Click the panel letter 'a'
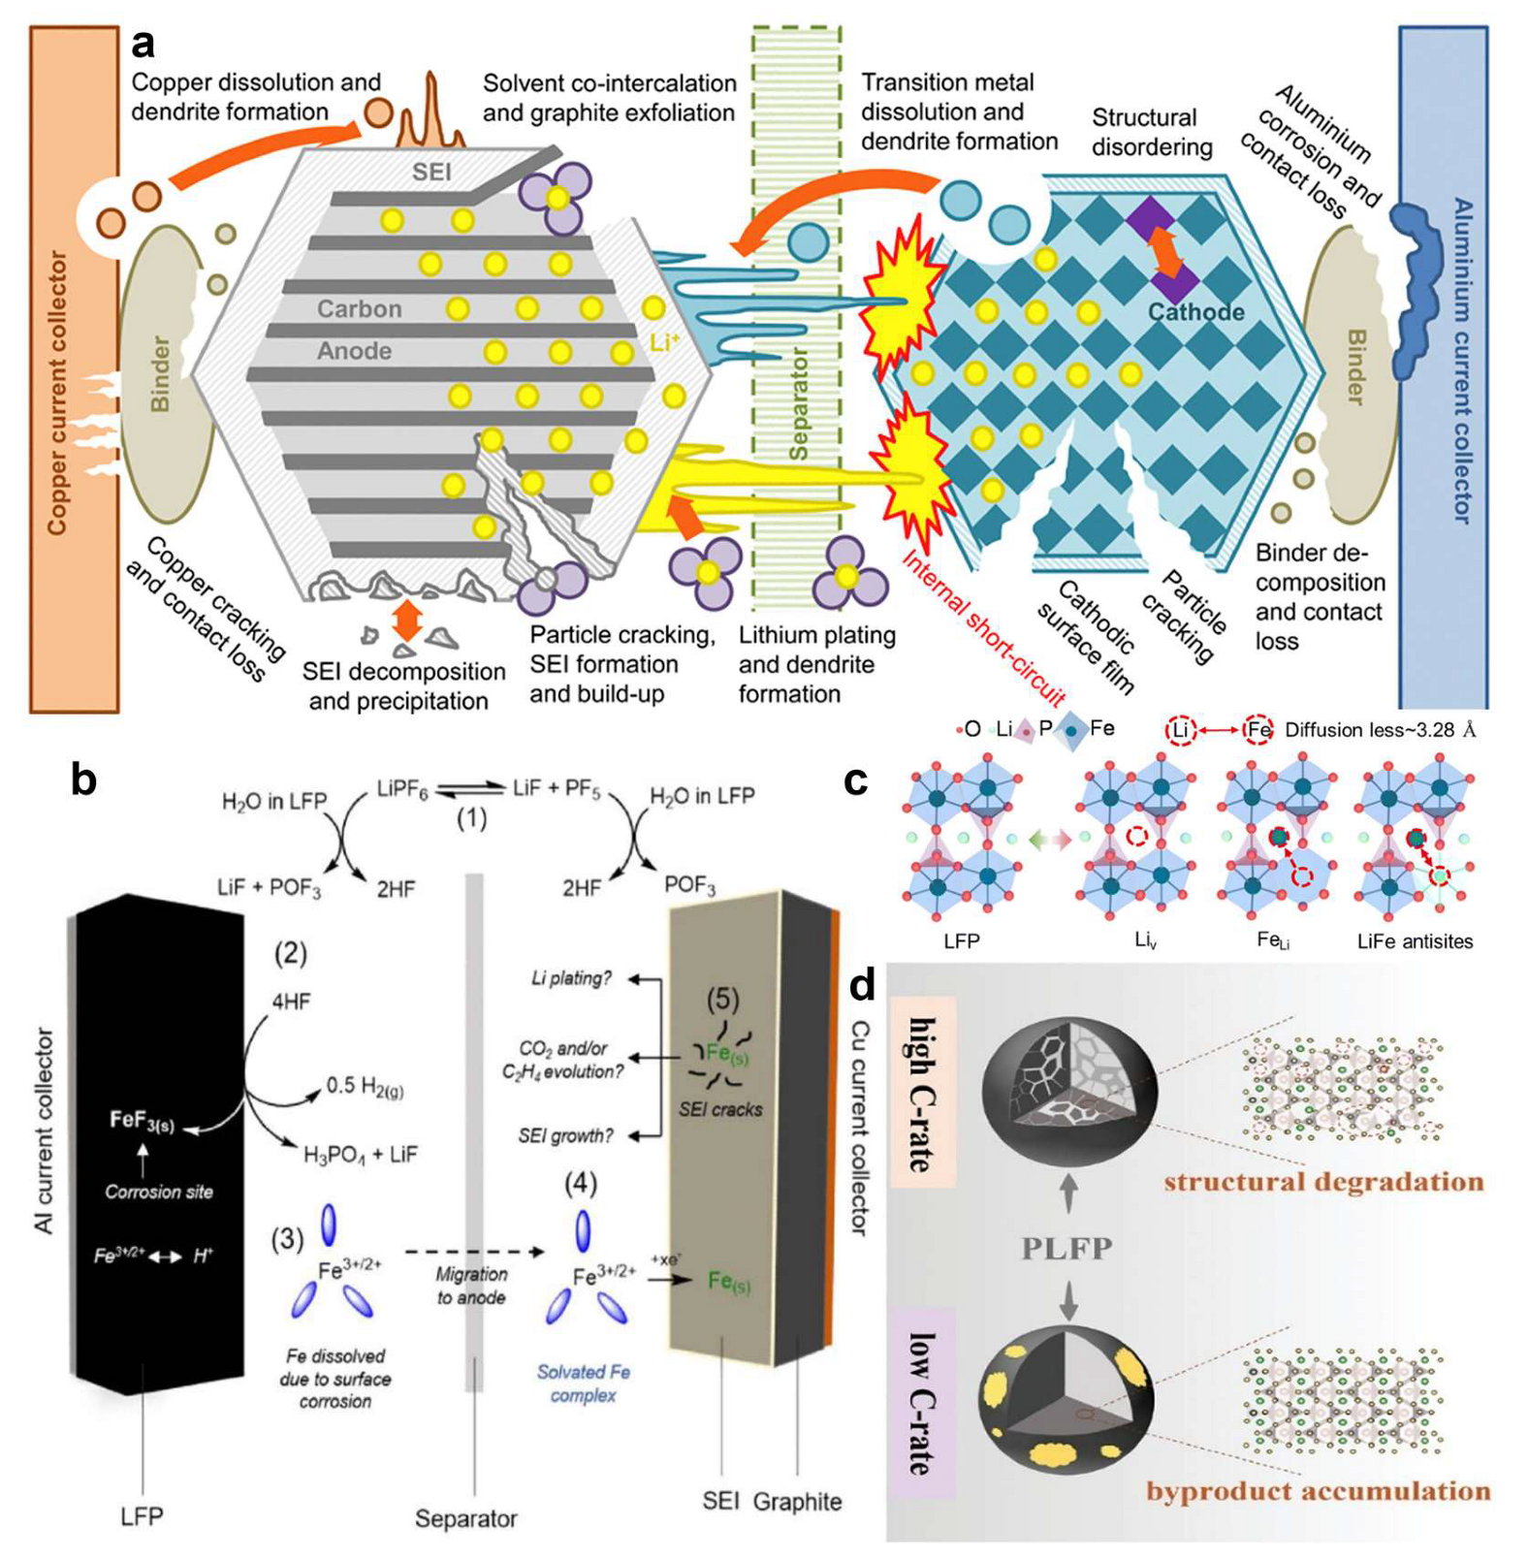(x=143, y=43)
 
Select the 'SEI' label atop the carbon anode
(x=430, y=173)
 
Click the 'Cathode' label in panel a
(x=1195, y=312)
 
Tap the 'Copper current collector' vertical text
(x=58, y=392)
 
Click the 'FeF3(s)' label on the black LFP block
(x=142, y=1121)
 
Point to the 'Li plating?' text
(x=571, y=978)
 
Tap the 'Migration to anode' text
(x=471, y=1286)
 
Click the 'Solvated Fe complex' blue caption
(x=584, y=1384)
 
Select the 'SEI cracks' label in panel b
(x=719, y=1109)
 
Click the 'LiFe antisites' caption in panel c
(x=1415, y=941)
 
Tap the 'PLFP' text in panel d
(x=1066, y=1248)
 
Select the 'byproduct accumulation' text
(x=1318, y=1490)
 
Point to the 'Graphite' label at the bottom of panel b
(x=797, y=1502)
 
